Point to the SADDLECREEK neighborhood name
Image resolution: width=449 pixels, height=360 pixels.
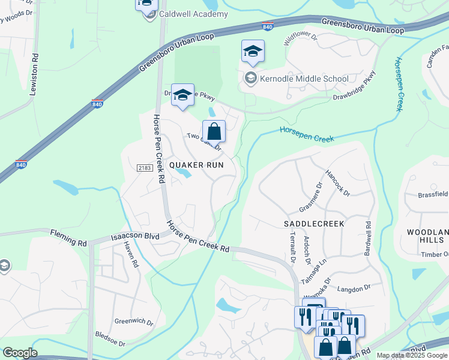[313, 223]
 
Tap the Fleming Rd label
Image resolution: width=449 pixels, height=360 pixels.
[68, 238]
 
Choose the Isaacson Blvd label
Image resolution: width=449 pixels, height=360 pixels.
[135, 236]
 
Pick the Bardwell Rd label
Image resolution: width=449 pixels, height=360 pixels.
[368, 239]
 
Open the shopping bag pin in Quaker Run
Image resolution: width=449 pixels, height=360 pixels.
[214, 131]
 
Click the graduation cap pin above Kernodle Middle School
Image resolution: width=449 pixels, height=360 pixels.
[253, 52]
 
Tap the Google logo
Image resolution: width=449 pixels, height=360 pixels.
[20, 353]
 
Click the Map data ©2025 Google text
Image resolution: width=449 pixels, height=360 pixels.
[412, 355]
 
